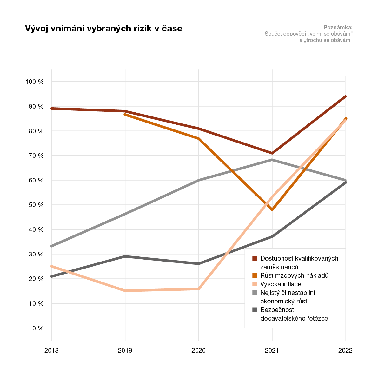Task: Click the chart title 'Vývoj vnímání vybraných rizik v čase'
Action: click(103, 29)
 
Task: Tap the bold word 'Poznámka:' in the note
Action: click(338, 27)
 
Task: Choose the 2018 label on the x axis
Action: click(51, 351)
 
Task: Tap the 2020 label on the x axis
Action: click(198, 351)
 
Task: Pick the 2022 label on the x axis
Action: click(345, 351)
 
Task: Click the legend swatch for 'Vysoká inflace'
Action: click(255, 284)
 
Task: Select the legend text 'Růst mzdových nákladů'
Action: click(294, 275)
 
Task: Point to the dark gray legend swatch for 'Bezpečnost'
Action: click(255, 310)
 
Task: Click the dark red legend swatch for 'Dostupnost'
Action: click(255, 258)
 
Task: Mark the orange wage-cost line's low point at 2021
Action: click(272, 210)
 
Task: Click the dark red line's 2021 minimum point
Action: click(272, 153)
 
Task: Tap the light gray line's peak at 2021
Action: click(272, 160)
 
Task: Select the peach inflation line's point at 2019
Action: click(125, 291)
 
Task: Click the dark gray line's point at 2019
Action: click(125, 256)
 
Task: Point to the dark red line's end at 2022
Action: click(345, 96)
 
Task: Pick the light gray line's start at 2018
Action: click(52, 246)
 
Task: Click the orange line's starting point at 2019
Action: click(125, 114)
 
